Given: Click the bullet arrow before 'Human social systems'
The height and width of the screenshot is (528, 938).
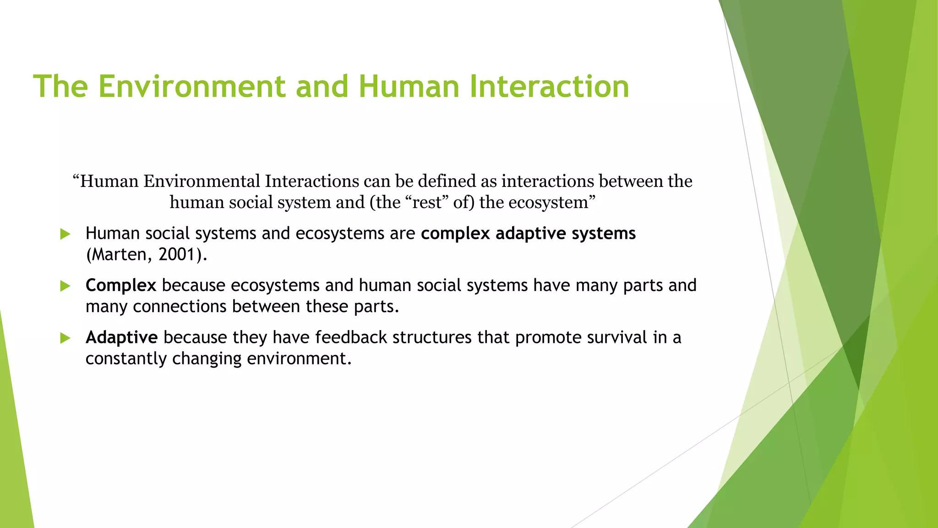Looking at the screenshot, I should point(65,234).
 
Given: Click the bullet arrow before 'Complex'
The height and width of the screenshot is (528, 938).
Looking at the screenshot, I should point(65,286).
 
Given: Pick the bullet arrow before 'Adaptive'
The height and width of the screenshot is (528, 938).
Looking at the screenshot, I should point(65,338).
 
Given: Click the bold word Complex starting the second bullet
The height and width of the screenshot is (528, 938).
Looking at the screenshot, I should point(121,286).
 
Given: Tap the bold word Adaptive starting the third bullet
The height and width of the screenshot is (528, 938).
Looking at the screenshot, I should point(121,337).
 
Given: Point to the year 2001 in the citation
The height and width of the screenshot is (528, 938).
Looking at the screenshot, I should point(177,254).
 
